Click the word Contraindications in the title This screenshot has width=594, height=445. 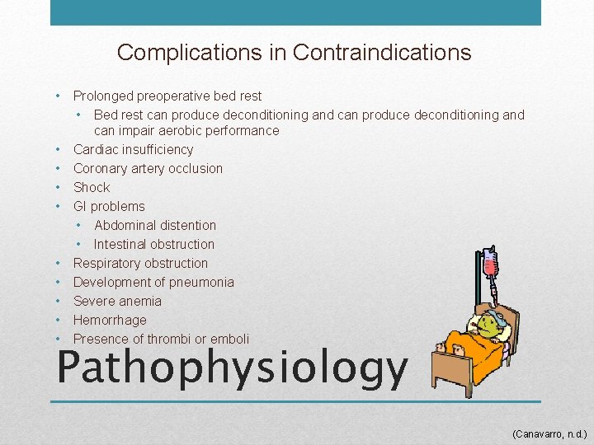(x=382, y=53)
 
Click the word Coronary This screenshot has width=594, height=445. (x=101, y=168)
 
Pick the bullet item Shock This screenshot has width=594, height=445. (x=92, y=187)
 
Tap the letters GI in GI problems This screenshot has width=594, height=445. (x=80, y=206)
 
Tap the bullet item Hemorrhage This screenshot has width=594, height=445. (x=110, y=320)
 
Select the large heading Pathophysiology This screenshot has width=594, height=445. (x=232, y=368)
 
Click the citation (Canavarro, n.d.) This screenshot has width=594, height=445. (x=549, y=432)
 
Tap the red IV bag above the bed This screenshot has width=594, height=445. (x=492, y=265)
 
